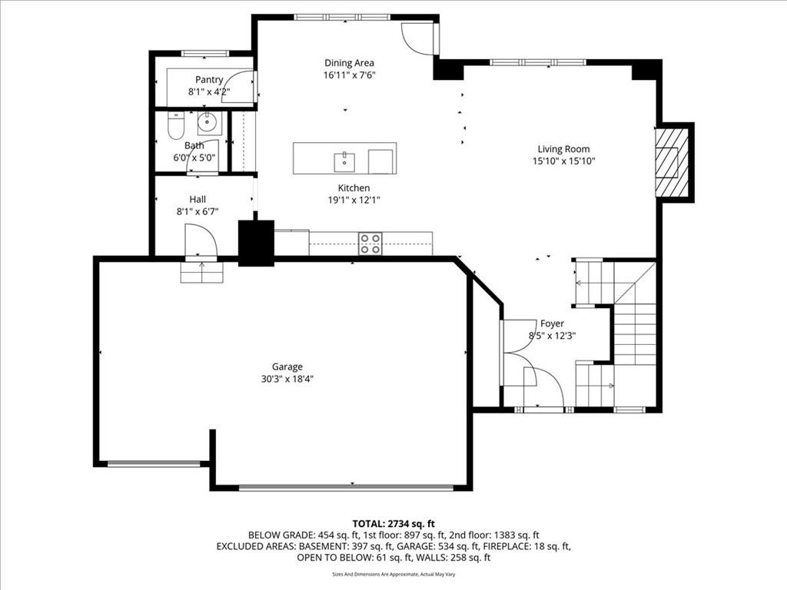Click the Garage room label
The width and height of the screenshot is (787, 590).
(x=287, y=366)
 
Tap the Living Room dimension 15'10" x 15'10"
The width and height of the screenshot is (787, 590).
(x=564, y=161)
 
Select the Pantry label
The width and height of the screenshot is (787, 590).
(x=209, y=79)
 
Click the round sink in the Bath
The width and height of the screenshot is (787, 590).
(x=208, y=121)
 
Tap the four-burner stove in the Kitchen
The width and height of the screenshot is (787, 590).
(x=370, y=244)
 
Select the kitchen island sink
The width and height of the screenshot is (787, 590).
(x=344, y=161)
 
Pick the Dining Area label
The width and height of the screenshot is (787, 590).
(x=349, y=63)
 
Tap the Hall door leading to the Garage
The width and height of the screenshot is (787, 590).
(x=201, y=240)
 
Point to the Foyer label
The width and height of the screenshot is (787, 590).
(x=552, y=323)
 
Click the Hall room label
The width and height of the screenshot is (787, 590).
(x=198, y=199)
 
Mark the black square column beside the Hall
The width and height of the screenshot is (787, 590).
(x=256, y=243)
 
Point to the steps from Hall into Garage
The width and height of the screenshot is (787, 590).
(x=202, y=271)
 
